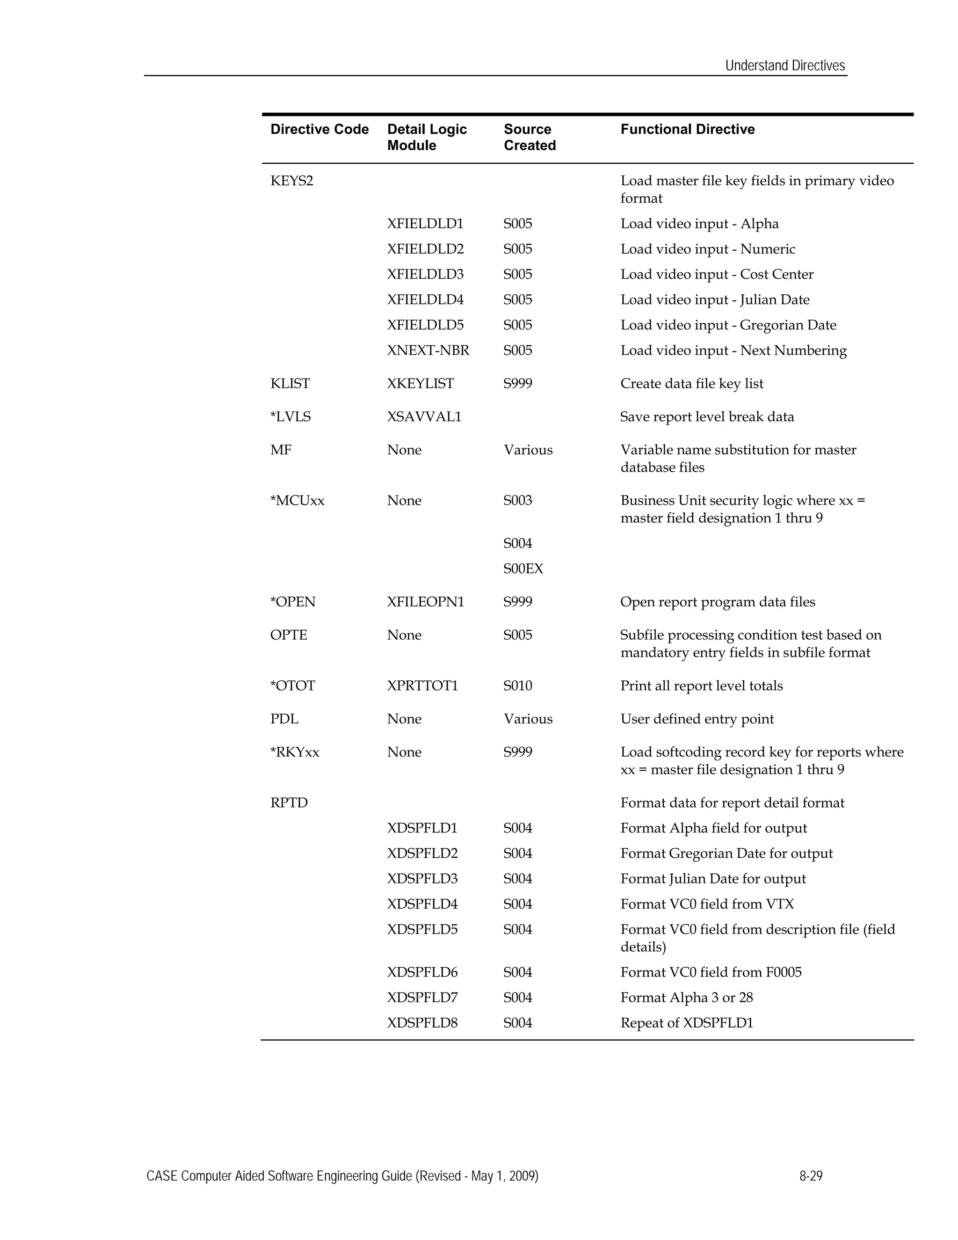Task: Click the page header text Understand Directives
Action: [x=785, y=66]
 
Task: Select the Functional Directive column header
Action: [x=687, y=130]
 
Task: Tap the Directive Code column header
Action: [x=319, y=130]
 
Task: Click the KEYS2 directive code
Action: [x=292, y=181]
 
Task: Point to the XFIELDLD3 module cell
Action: [x=425, y=275]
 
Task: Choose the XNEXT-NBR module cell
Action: [x=428, y=351]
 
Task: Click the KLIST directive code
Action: [x=290, y=384]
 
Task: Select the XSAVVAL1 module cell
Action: [x=424, y=417]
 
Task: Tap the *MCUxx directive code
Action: [x=298, y=501]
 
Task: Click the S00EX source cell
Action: [x=523, y=569]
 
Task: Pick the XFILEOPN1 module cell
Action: [x=425, y=602]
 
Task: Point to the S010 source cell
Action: [x=518, y=686]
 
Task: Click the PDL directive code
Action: [x=284, y=719]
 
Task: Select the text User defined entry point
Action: [x=697, y=719]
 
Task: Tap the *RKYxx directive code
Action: [x=295, y=753]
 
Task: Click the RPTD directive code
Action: [x=289, y=803]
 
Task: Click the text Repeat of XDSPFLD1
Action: [x=687, y=1023]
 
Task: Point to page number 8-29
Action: [x=811, y=1176]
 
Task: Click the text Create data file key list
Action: [x=692, y=384]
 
